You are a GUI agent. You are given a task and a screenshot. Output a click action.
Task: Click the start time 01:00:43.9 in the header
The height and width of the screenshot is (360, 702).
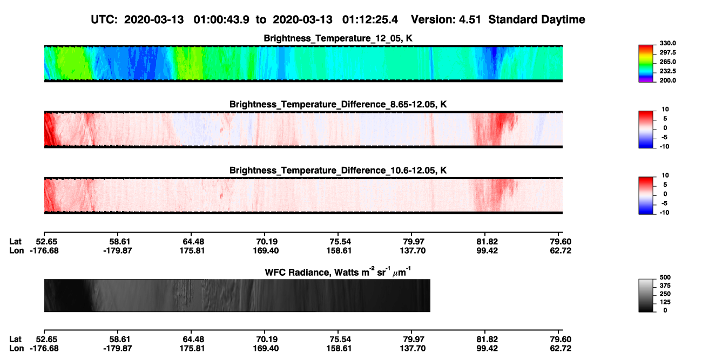click(221, 20)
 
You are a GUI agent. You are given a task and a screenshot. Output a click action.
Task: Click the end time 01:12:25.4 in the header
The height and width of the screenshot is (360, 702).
click(370, 20)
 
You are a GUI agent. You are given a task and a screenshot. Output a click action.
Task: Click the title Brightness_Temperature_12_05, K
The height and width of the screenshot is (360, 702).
click(338, 38)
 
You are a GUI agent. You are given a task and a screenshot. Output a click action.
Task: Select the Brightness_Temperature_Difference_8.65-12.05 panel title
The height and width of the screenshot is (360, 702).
click(338, 104)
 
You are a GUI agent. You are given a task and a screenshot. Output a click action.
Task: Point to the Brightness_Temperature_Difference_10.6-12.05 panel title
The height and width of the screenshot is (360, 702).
click(338, 171)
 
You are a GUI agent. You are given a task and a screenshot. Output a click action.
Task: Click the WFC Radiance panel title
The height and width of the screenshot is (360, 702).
click(338, 271)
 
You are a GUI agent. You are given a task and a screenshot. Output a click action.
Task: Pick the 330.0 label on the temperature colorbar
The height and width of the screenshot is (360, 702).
click(667, 43)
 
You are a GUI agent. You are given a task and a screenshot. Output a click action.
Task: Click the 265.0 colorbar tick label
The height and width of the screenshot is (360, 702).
click(667, 62)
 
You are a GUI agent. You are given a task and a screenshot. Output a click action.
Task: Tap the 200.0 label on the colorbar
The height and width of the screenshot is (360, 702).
click(667, 80)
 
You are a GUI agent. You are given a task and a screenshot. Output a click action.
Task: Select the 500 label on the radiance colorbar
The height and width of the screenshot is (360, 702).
click(665, 277)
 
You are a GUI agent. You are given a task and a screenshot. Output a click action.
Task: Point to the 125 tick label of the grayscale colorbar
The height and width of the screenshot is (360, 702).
click(665, 302)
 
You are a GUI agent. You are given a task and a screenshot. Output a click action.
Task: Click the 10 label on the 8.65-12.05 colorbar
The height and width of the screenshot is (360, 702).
click(665, 110)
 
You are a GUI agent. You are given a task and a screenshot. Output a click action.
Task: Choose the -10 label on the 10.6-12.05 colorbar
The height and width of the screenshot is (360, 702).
click(664, 213)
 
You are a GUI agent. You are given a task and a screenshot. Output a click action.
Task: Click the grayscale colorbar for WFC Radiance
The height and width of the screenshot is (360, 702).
click(646, 295)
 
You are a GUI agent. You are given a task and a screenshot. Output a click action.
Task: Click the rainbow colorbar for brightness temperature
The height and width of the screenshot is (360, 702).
click(646, 64)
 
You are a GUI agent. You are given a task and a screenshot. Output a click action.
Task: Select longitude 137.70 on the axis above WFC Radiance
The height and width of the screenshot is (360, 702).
click(413, 250)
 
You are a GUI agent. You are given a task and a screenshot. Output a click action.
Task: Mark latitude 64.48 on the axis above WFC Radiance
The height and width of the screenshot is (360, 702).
click(193, 242)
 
